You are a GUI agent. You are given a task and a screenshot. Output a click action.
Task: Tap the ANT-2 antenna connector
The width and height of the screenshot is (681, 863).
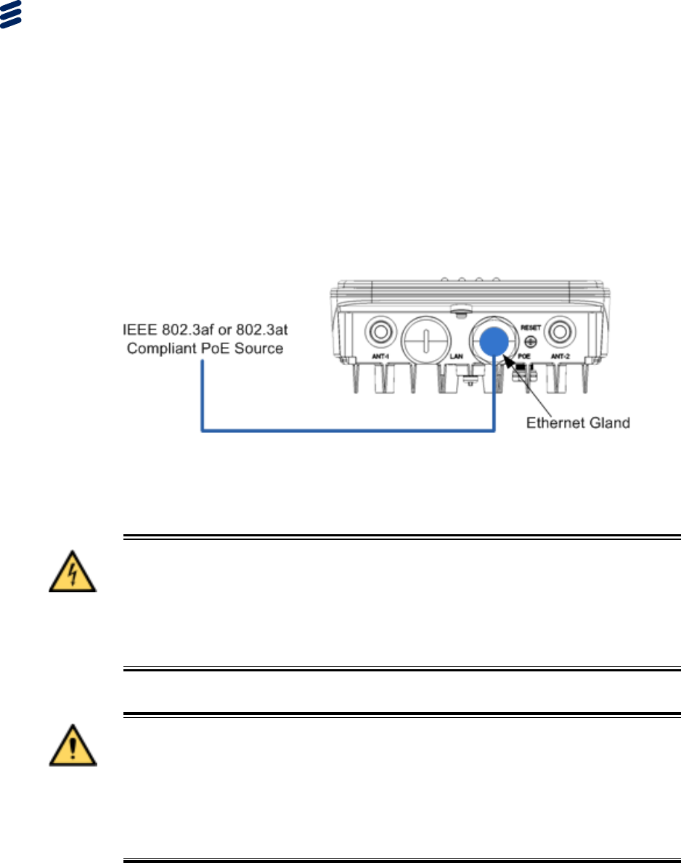point(559,332)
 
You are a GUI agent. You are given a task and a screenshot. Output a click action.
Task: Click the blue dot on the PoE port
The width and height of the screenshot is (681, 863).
point(495,340)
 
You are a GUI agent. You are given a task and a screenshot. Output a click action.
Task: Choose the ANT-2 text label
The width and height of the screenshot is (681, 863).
point(560,356)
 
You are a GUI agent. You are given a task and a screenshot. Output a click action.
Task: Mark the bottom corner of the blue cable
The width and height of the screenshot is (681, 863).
point(494,431)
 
